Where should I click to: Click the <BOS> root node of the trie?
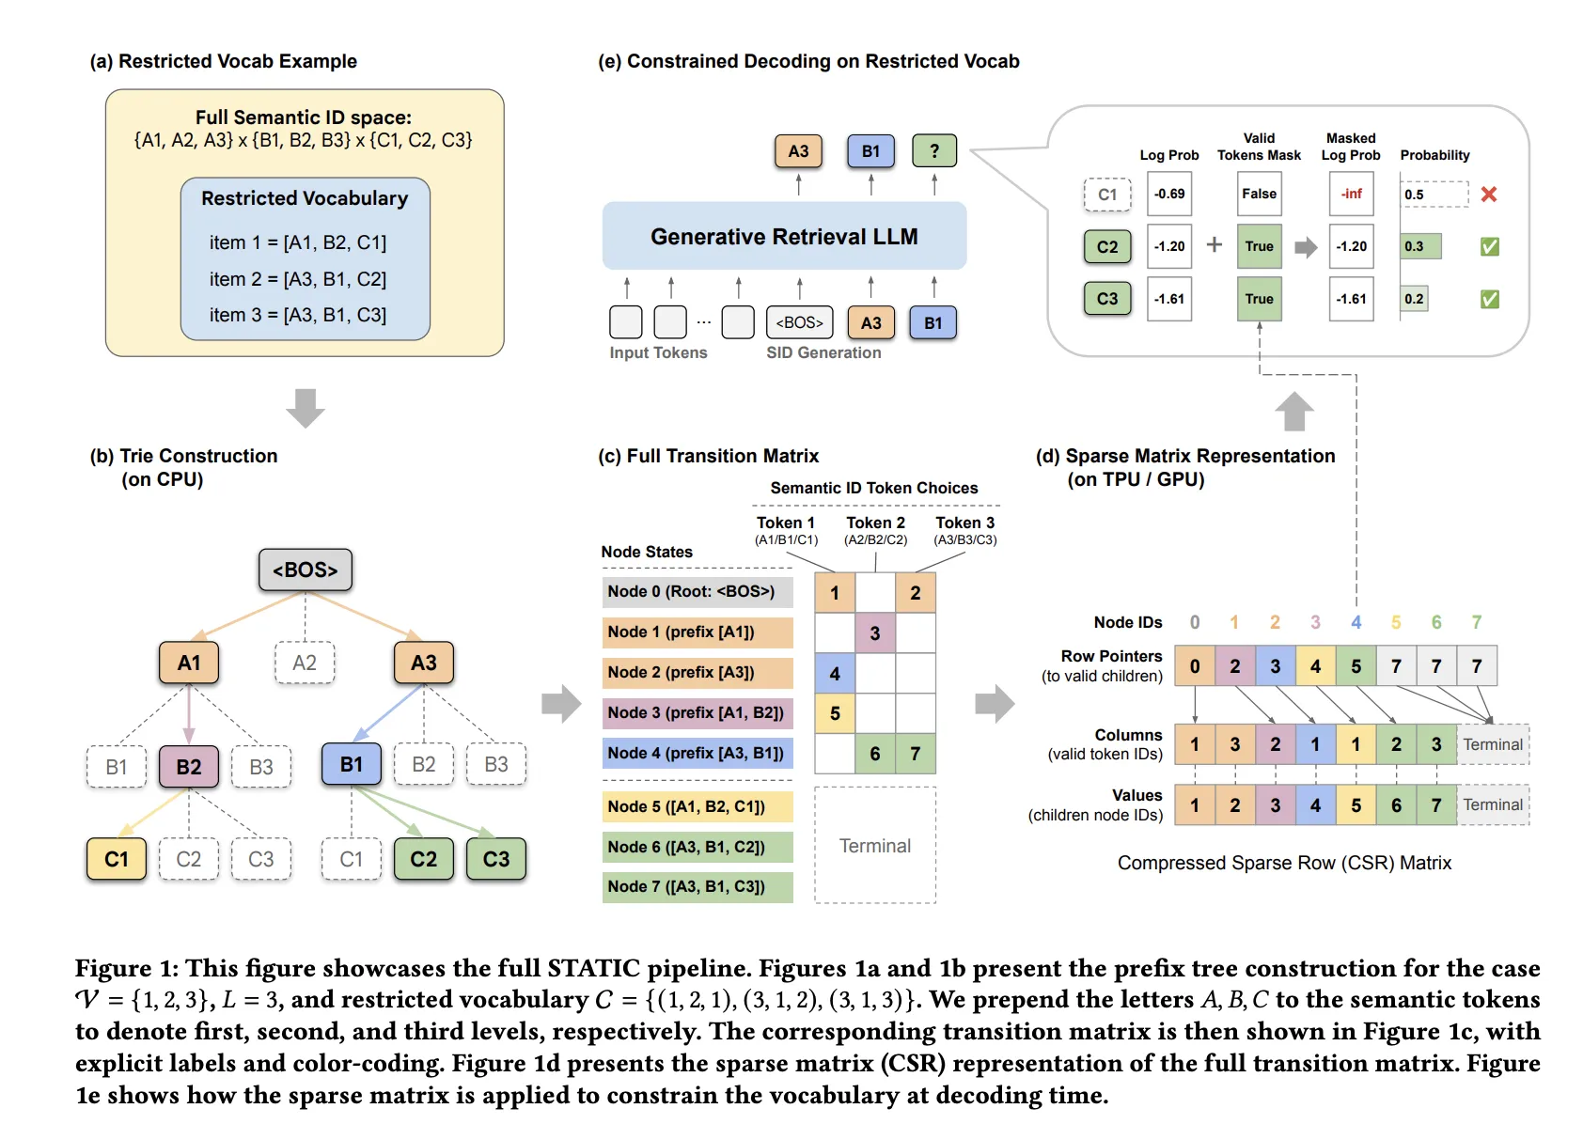coord(305,570)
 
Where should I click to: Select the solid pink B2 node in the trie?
coord(189,766)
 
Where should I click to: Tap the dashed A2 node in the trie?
coord(305,663)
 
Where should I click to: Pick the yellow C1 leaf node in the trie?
coord(117,859)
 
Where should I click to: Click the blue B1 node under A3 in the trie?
coord(352,764)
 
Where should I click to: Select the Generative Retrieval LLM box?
coord(784,236)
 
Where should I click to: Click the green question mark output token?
coord(933,150)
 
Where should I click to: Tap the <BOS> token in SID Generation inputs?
coord(799,322)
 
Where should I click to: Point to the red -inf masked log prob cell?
coord(1351,194)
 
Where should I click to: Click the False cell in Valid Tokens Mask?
coord(1259,194)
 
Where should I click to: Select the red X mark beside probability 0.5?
coord(1488,195)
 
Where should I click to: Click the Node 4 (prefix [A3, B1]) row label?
coord(697,753)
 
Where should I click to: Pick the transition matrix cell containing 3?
coord(875,632)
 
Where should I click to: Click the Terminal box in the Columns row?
coord(1492,744)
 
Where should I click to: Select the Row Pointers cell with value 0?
coord(1195,665)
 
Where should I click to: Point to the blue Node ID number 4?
coord(1356,622)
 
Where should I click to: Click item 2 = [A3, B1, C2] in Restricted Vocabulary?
coord(298,279)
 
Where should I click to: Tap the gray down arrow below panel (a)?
coord(305,407)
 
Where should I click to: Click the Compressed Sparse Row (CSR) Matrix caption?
coord(1284,863)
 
